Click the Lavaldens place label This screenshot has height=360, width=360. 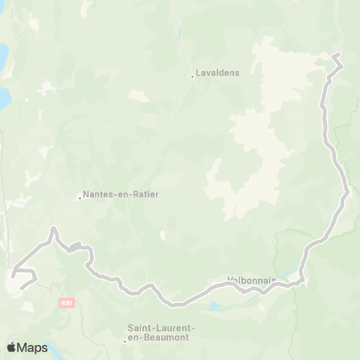[217, 74]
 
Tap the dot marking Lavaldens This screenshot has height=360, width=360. [191, 75]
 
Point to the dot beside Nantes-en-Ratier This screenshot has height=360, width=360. [79, 198]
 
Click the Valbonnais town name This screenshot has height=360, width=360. [250, 282]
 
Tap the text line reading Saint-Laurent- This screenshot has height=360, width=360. [161, 328]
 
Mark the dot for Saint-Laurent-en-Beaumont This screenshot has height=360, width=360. [124, 341]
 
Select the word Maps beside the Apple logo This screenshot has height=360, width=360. [34, 348]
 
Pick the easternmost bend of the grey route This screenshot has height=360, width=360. [348, 191]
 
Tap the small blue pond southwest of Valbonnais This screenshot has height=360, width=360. [215, 306]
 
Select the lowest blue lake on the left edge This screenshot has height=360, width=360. [4, 97]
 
